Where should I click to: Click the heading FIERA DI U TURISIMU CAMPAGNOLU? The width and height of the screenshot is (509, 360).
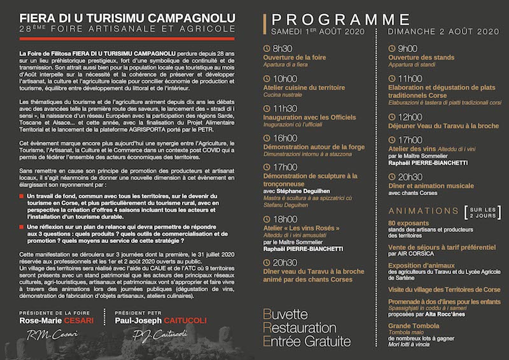(x=127, y=17)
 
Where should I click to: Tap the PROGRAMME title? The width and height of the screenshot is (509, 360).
(x=337, y=18)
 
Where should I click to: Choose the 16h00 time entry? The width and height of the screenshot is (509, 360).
(x=284, y=137)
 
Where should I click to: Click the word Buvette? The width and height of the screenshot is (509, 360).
(x=285, y=315)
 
